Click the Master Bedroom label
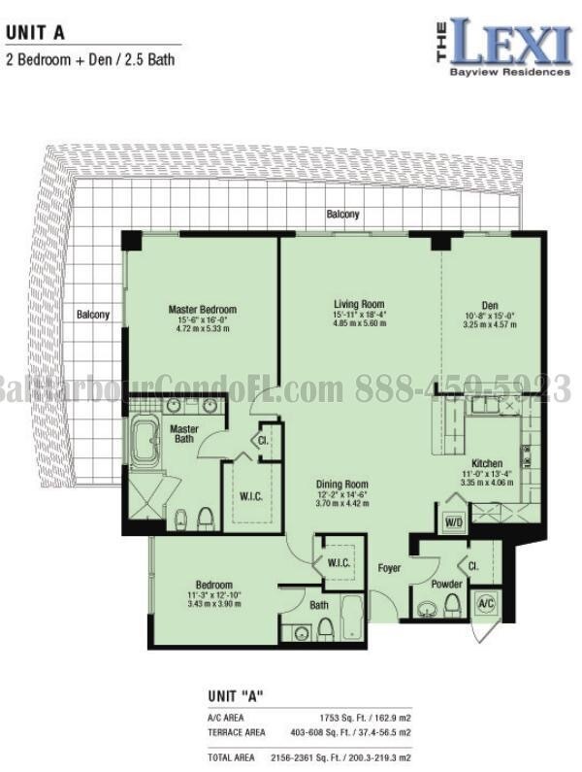click(x=202, y=310)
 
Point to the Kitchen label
click(x=487, y=462)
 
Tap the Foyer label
click(x=389, y=568)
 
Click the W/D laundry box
click(x=454, y=521)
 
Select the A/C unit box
click(x=486, y=603)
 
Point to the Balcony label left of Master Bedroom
click(x=93, y=315)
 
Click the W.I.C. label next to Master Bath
click(x=251, y=495)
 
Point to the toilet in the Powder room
click(x=451, y=607)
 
